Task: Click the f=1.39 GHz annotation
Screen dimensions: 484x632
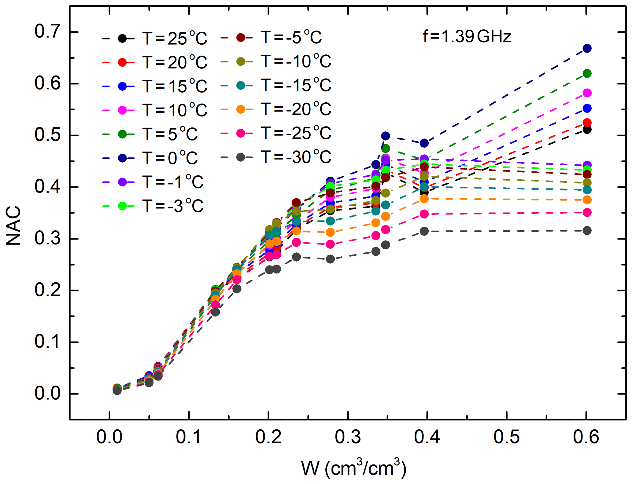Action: (467, 37)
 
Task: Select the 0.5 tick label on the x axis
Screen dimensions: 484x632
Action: (506, 437)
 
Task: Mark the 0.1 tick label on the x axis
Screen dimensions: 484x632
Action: (189, 437)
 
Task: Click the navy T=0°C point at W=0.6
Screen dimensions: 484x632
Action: (587, 48)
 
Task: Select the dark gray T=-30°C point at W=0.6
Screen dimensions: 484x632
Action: (587, 231)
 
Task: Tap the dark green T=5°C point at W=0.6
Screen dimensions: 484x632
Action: (587, 73)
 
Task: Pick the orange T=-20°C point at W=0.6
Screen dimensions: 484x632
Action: (587, 200)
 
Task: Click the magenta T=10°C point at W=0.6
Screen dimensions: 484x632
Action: (587, 93)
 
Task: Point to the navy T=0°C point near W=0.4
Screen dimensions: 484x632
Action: (424, 143)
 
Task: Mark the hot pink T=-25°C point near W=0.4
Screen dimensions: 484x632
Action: (424, 214)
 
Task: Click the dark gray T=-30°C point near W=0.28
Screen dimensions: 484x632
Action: (330, 259)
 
